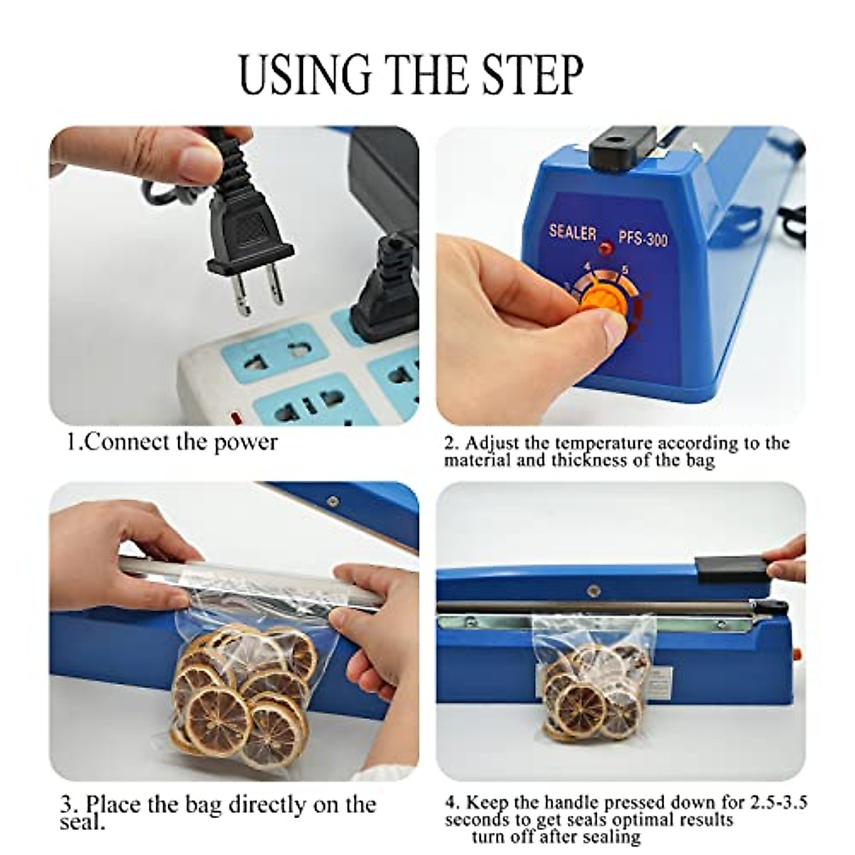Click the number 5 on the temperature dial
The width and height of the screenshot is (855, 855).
coord(624,269)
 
